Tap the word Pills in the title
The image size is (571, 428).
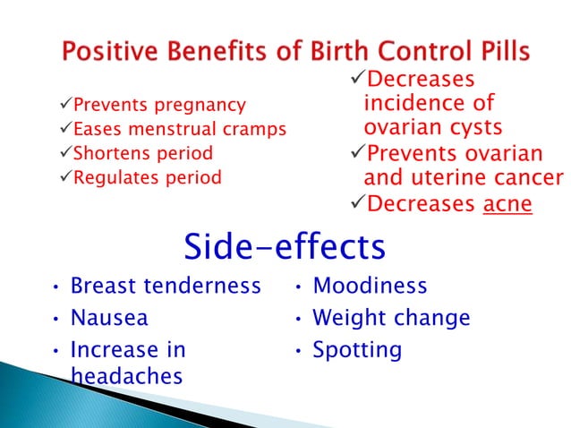pyautogui.click(x=495, y=52)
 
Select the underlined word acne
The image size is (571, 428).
pyautogui.click(x=507, y=205)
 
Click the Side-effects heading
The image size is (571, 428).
pyautogui.click(x=285, y=245)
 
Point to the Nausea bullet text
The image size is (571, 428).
pyautogui.click(x=109, y=318)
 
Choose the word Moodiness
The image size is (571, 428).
pyautogui.click(x=370, y=287)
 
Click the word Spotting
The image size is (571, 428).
pyautogui.click(x=357, y=349)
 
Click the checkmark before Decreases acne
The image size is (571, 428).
pyautogui.click(x=356, y=205)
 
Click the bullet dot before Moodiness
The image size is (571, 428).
pyautogui.click(x=299, y=287)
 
